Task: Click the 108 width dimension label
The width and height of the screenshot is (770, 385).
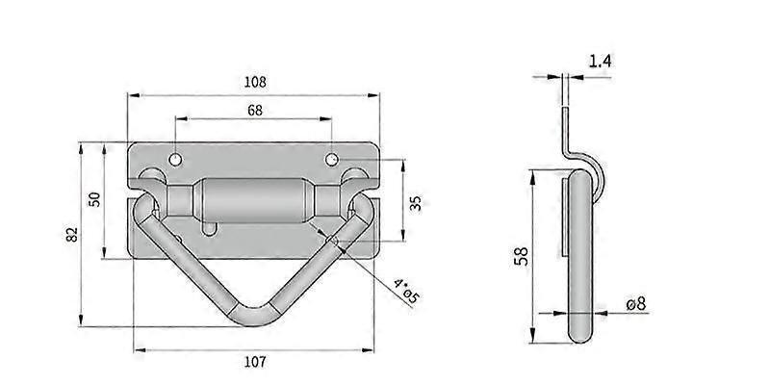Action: point(255,83)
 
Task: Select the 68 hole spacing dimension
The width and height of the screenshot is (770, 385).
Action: point(255,111)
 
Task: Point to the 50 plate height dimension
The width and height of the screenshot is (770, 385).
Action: point(94,199)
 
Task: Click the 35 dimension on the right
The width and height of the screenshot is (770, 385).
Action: point(415,202)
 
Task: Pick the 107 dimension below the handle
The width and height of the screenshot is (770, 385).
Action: point(254,362)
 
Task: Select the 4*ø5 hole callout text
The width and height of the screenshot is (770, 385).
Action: point(405,290)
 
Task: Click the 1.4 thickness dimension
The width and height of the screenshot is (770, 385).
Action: point(600,62)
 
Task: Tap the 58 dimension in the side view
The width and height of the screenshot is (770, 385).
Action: point(521,256)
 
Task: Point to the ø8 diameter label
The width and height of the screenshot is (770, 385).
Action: point(635,304)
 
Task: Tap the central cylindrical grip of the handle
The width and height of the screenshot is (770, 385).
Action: point(254,201)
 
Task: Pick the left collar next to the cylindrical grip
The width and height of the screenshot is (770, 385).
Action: point(182,201)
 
